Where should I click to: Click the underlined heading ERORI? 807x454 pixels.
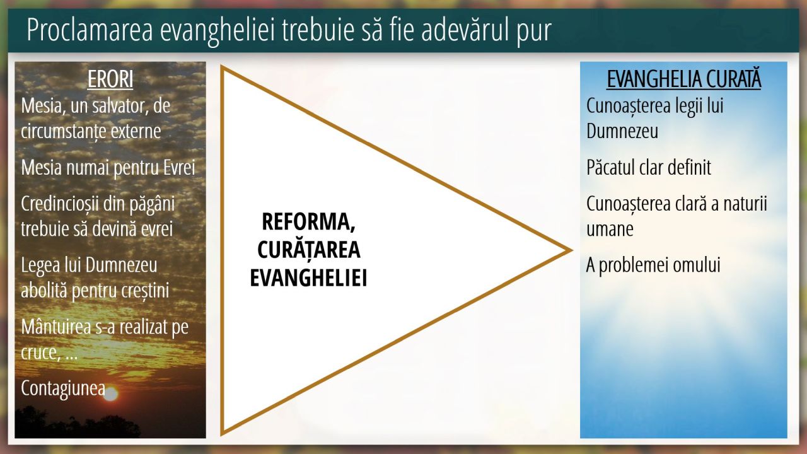(x=110, y=79)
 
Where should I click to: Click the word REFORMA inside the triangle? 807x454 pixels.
(x=308, y=221)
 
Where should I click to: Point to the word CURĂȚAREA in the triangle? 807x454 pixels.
(x=309, y=250)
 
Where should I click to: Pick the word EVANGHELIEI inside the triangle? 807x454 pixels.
(x=308, y=278)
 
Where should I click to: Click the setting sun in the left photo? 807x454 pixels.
(x=111, y=394)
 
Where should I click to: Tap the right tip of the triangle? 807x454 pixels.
(x=572, y=250)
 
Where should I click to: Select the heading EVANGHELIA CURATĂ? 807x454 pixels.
(x=684, y=79)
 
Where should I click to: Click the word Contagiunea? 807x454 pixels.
(x=63, y=389)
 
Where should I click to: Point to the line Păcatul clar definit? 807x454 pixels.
(x=649, y=168)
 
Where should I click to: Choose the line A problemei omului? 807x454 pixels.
(x=653, y=265)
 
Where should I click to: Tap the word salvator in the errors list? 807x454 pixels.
(x=120, y=106)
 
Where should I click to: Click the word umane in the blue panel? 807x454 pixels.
(x=610, y=230)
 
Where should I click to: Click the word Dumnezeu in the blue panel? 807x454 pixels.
(x=622, y=131)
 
